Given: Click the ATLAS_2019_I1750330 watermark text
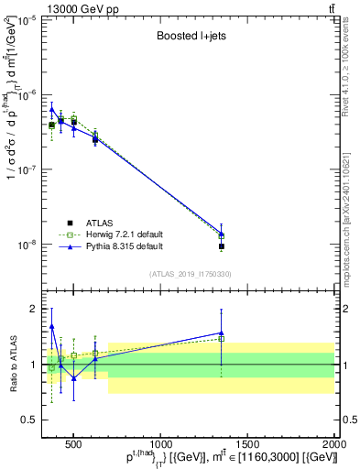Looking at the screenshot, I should (190, 274).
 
